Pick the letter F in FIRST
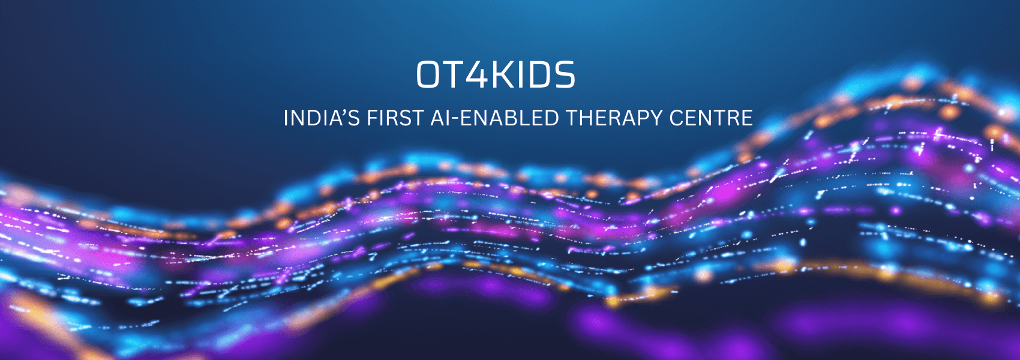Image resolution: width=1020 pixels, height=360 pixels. point(373,118)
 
